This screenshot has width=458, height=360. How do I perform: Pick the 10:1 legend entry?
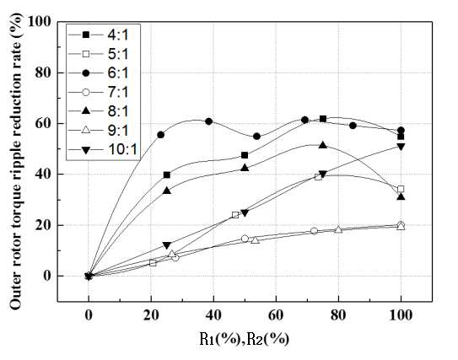[102, 150]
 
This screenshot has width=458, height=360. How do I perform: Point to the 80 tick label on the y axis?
[43, 73]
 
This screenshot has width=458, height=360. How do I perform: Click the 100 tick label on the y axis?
[40, 22]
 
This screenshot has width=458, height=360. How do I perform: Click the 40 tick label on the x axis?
[213, 315]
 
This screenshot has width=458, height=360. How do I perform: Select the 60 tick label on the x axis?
[276, 315]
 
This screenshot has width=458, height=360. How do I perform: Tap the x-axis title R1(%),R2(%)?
[245, 339]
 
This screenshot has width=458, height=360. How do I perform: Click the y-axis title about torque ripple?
[16, 162]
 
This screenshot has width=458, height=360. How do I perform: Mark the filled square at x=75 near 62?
[323, 119]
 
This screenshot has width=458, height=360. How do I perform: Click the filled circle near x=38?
[208, 121]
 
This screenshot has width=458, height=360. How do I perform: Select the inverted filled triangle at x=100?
[401, 147]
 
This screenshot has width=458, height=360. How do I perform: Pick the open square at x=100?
[401, 189]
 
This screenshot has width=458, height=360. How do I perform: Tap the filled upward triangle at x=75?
[323, 145]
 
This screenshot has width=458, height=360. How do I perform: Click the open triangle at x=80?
[338, 229]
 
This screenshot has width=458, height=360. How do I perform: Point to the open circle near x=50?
[245, 239]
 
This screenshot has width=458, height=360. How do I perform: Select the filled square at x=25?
[167, 175]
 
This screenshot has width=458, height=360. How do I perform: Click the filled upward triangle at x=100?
[401, 196]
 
